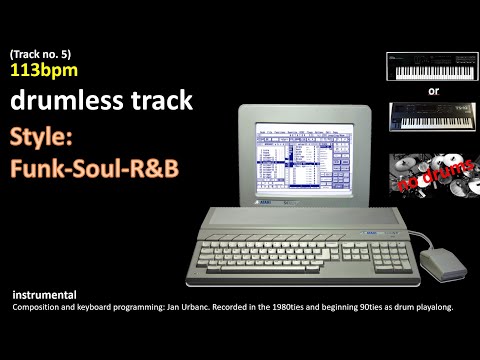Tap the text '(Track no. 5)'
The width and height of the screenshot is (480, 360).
(41, 53)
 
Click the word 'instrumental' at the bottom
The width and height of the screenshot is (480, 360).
(46, 296)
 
